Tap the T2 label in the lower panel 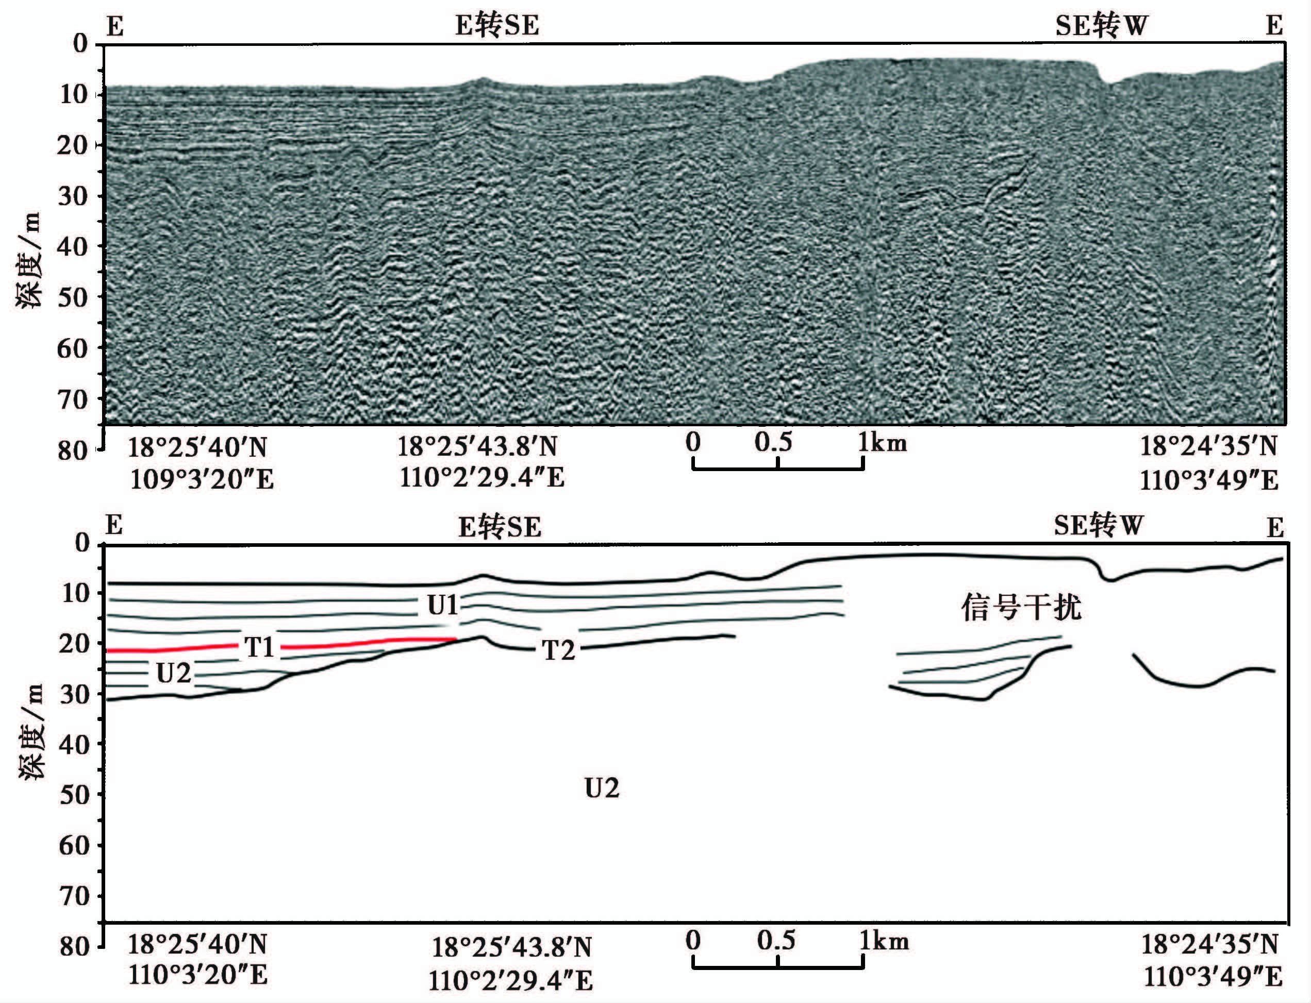(558, 650)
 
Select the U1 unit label (442, 606)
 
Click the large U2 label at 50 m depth (602, 789)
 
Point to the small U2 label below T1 (173, 674)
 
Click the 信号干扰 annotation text (1021, 608)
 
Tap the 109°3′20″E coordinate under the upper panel (202, 479)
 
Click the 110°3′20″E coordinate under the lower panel (198, 975)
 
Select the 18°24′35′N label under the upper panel (1208, 446)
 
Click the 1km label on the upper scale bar (883, 442)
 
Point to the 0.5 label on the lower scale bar (776, 940)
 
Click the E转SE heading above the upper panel (497, 26)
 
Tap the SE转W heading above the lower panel (1099, 525)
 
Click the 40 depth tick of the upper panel (73, 246)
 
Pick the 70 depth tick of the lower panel (75, 896)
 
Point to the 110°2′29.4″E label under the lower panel (511, 980)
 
